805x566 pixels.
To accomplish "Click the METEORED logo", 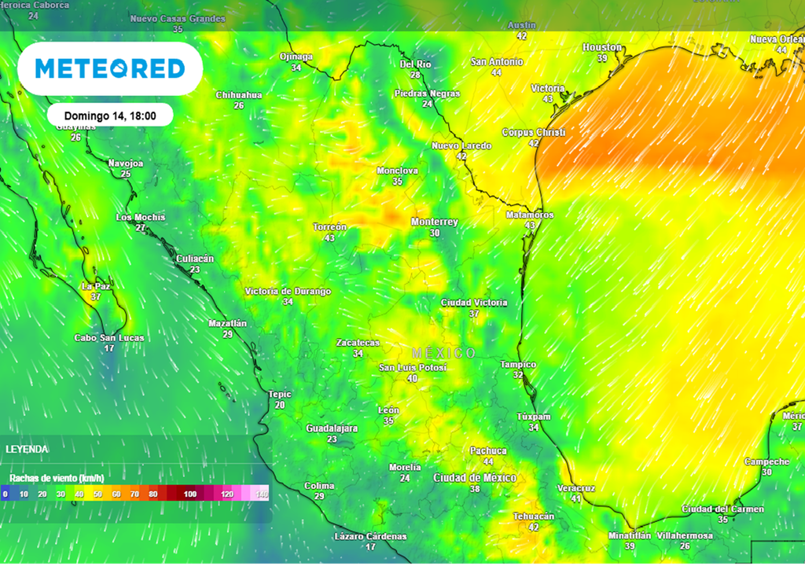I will click(110, 68).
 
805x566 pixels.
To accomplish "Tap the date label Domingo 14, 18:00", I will click(110, 116).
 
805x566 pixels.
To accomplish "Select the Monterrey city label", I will click(434, 222).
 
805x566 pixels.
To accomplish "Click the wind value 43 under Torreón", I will click(329, 238).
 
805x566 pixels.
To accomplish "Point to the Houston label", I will click(602, 48).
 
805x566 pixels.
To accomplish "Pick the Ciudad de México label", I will click(475, 478).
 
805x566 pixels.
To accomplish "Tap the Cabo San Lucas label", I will click(109, 338).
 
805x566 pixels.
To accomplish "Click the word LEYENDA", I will click(27, 449).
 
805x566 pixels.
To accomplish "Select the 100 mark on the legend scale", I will click(190, 494).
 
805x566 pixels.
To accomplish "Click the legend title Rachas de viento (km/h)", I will click(57, 477).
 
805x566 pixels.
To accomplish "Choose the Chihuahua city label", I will click(239, 95).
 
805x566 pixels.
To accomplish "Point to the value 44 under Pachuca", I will click(488, 461).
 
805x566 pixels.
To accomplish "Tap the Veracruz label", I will click(575, 488).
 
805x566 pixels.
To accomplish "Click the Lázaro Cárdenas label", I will click(370, 536).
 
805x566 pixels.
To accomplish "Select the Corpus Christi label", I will click(534, 133).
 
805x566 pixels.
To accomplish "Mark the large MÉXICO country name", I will click(443, 353).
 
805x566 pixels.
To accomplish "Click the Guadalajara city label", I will click(332, 428).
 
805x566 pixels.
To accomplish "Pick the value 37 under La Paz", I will click(96, 297).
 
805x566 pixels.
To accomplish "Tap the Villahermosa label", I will click(685, 536).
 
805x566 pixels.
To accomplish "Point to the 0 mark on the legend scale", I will click(6, 494).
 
